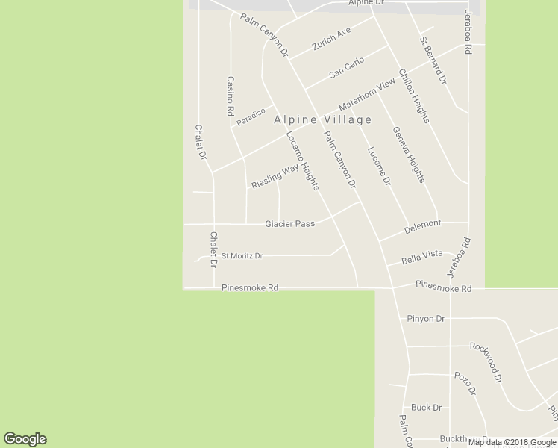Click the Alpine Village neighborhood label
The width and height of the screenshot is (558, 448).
322,119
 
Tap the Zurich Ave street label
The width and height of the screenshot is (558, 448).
332,38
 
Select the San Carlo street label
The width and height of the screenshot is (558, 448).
346,67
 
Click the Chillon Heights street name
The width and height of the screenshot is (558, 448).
414,96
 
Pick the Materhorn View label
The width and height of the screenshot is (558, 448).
366,95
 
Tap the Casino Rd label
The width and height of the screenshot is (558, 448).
231,96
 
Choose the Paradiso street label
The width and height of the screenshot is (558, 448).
251,116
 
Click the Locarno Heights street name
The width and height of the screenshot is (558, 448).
303,161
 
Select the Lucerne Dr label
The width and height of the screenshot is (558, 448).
379,166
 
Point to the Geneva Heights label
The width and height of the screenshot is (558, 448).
408,155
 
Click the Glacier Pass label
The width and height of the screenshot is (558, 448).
289,223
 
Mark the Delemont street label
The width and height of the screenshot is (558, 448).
423,224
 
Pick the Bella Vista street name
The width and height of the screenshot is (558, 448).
422,258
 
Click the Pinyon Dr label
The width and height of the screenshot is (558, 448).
426,319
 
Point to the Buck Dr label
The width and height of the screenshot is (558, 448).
426,408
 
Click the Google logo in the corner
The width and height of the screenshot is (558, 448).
25,439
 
